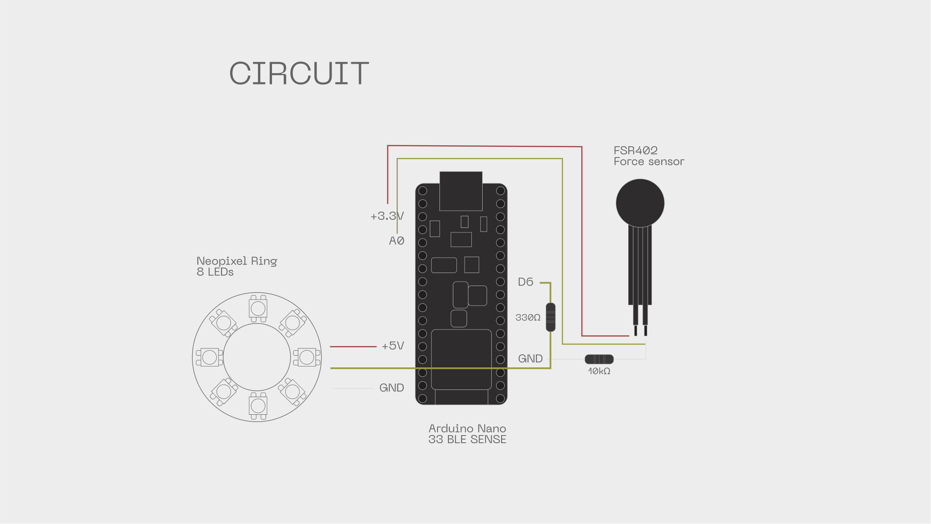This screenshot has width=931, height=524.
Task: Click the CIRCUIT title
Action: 299,73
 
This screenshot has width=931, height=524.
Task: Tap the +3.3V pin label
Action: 387,216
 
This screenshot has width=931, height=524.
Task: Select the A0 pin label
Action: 396,241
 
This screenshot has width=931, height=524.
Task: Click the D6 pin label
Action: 525,282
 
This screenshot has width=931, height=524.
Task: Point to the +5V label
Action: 392,346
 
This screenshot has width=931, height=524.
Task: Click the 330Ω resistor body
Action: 550,317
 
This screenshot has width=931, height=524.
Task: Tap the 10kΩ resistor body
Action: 599,359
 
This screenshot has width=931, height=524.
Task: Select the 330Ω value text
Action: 528,318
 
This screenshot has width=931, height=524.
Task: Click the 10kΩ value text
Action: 599,371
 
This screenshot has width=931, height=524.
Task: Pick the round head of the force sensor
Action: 640,203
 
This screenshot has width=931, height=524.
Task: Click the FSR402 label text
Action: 636,150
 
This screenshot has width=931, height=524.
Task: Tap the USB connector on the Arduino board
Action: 461,190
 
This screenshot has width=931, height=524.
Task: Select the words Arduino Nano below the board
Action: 467,428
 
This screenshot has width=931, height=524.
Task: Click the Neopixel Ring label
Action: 237,261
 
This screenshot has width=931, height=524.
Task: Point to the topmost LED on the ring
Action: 258,308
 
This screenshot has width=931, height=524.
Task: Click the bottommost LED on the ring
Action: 258,406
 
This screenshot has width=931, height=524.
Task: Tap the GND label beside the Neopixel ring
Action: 392,388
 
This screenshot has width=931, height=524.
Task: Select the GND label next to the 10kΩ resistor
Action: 530,359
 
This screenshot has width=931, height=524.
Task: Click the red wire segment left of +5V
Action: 353,347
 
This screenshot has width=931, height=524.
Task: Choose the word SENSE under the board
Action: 488,440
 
